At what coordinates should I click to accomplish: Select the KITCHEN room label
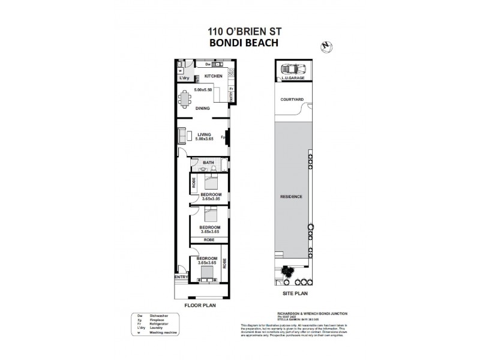(214, 76)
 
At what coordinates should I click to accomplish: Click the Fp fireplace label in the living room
(223, 137)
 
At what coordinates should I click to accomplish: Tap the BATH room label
(208, 163)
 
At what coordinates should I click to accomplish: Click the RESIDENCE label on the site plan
(291, 197)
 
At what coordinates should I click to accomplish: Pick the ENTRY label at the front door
(181, 277)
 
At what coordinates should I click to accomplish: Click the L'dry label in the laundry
(184, 78)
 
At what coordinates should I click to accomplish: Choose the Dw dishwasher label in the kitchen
(208, 64)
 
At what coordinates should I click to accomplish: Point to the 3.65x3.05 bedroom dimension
(211, 199)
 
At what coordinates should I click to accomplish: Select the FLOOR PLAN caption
(200, 305)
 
